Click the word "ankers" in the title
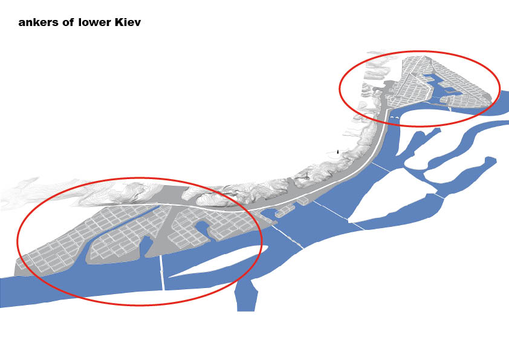(x=39, y=22)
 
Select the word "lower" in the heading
(x=95, y=22)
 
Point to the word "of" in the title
(x=68, y=22)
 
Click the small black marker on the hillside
(x=338, y=151)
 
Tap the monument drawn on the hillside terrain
(x=306, y=176)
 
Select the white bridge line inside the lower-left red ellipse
(x=161, y=272)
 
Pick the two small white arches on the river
(x=395, y=117)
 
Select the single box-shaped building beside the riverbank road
(x=302, y=200)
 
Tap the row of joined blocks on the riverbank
(x=285, y=211)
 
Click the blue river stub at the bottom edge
(x=247, y=296)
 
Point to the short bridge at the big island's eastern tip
(x=440, y=195)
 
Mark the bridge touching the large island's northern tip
(x=381, y=167)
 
